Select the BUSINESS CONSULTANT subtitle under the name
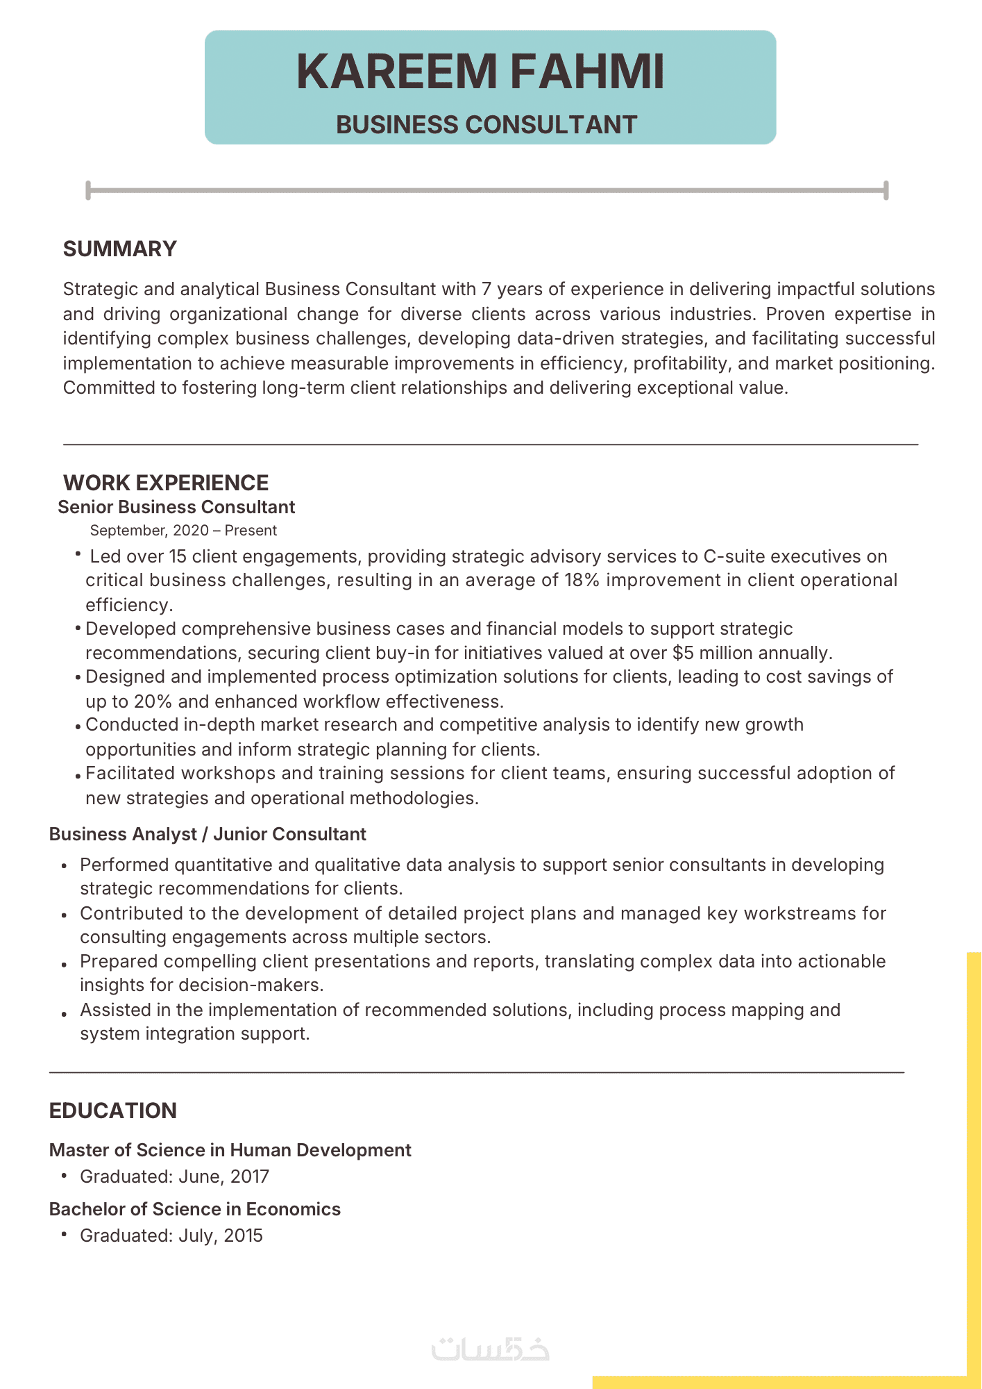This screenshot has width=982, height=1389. (x=486, y=125)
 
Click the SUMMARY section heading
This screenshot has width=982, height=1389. (x=120, y=249)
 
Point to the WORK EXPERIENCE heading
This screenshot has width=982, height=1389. (x=166, y=483)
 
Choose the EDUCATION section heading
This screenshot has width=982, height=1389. (x=113, y=1111)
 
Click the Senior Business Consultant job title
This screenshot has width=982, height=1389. (x=176, y=507)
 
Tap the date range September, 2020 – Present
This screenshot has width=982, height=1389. (x=183, y=531)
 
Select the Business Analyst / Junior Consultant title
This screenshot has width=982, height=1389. (x=208, y=834)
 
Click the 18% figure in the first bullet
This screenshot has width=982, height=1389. (x=582, y=580)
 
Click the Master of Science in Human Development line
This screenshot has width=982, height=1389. (x=230, y=1150)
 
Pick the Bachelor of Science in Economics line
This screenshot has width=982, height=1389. (x=195, y=1209)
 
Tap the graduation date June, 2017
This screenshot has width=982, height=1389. (x=223, y=1176)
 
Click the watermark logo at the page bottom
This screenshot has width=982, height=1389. (x=490, y=1349)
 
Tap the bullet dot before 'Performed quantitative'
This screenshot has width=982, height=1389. (x=65, y=866)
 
